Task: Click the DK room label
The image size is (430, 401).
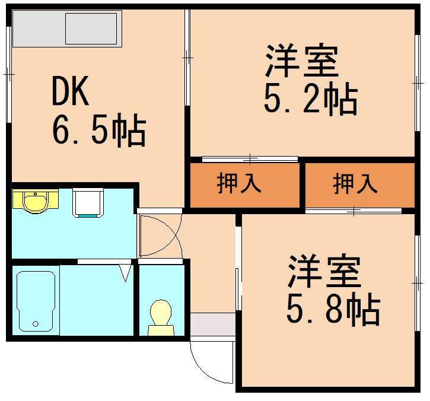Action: pyautogui.click(x=71, y=92)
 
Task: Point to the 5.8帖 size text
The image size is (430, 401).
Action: pyautogui.click(x=333, y=308)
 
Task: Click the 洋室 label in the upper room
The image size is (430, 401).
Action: pyautogui.click(x=301, y=61)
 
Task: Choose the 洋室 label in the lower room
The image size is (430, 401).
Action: pyautogui.click(x=324, y=271)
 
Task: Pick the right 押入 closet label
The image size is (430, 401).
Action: pyautogui.click(x=355, y=184)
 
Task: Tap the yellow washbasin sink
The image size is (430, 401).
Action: pyautogui.click(x=35, y=201)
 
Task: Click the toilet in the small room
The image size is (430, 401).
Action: pyautogui.click(x=160, y=317)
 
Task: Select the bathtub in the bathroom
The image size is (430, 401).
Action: pyautogui.click(x=36, y=300)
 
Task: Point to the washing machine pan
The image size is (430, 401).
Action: pyautogui.click(x=88, y=202)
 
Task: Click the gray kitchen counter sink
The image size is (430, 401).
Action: pyautogui.click(x=91, y=28)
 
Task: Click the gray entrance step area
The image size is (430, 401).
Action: pyautogui.click(x=212, y=326)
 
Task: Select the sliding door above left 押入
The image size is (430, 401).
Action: pyautogui.click(x=250, y=159)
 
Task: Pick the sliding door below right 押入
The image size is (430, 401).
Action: pyautogui.click(x=353, y=211)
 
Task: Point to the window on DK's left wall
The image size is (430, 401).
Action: pyautogui.click(x=8, y=74)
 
